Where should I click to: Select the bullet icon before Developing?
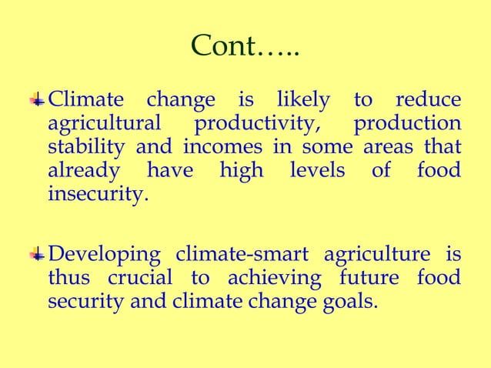(36, 255)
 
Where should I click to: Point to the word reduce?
(428, 100)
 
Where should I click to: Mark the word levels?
(317, 169)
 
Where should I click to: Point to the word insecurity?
(96, 192)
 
